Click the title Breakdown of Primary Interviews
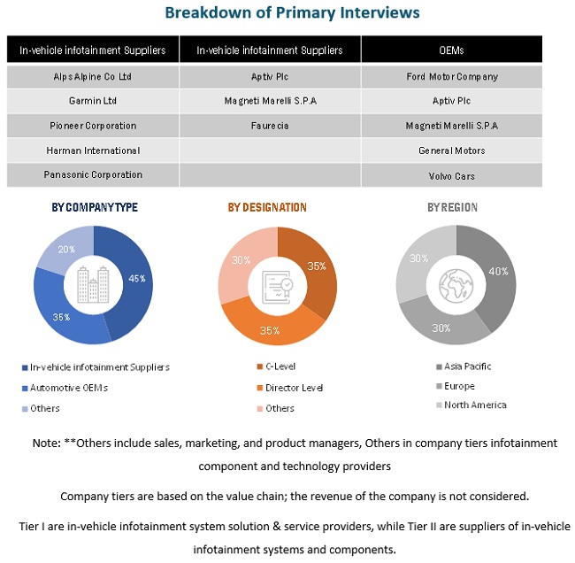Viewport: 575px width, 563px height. tap(293, 13)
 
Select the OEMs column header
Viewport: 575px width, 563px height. tap(451, 50)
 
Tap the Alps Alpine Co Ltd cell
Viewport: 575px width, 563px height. tap(93, 77)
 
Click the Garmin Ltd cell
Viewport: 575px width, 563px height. tap(93, 101)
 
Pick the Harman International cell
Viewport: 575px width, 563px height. tap(93, 150)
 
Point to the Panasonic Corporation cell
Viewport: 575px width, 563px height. tap(93, 175)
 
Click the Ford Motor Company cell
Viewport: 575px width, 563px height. tap(451, 77)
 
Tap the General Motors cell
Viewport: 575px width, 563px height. tap(451, 150)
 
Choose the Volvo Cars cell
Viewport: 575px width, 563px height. tap(451, 175)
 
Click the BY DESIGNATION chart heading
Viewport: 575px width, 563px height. tap(267, 208)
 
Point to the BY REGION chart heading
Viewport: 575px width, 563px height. tap(452, 208)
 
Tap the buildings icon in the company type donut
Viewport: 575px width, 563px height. tap(93, 284)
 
